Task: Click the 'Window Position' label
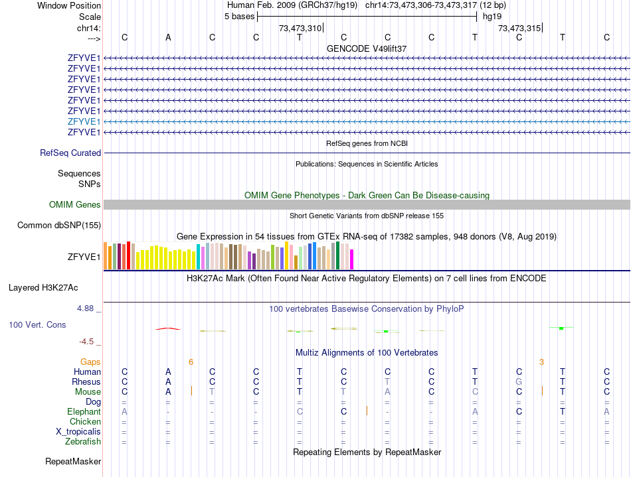pos(69,5)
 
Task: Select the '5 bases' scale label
pos(239,16)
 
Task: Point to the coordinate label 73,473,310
pos(300,28)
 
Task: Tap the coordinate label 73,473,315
pos(519,28)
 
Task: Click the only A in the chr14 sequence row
pos(168,37)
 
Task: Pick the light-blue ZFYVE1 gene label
pos(84,121)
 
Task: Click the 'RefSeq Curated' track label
pos(70,153)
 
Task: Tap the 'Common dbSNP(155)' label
pos(58,226)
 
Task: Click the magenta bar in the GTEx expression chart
pos(352,259)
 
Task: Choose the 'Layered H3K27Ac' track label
pos(43,288)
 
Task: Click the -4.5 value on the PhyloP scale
pos(86,342)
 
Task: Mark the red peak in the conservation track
pos(167,328)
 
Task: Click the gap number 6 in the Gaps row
pos(191,362)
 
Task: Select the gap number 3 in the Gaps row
pos(541,362)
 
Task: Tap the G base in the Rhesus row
pos(519,382)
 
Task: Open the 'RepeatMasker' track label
pos(73,461)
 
